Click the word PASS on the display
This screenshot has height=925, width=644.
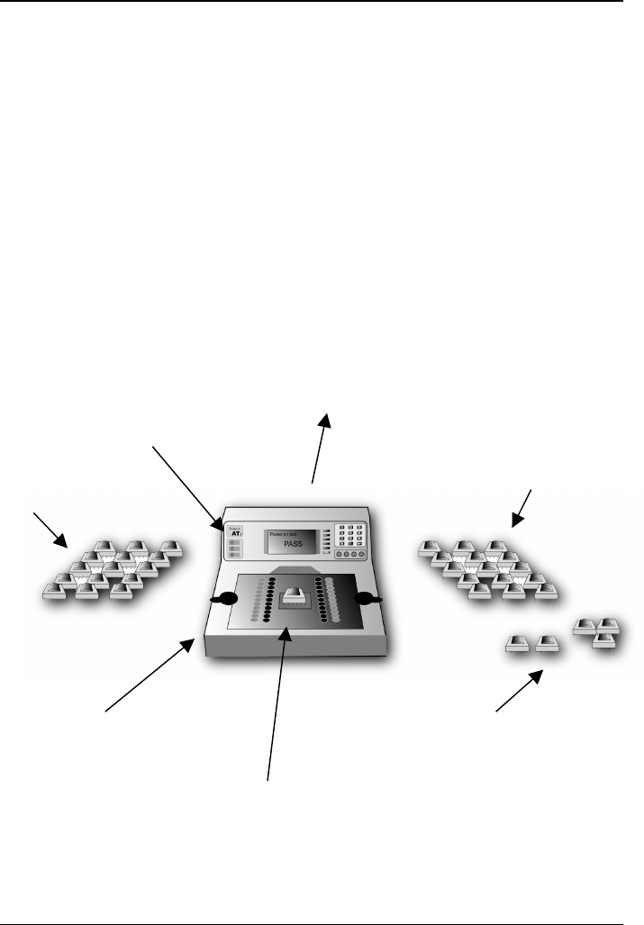[290, 545]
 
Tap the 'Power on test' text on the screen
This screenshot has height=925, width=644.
[287, 533]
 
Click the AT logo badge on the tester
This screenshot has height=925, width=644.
[234, 532]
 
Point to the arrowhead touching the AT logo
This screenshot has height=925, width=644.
[217, 524]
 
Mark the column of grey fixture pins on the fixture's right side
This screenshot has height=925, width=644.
[334, 598]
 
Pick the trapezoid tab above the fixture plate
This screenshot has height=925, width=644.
[293, 569]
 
